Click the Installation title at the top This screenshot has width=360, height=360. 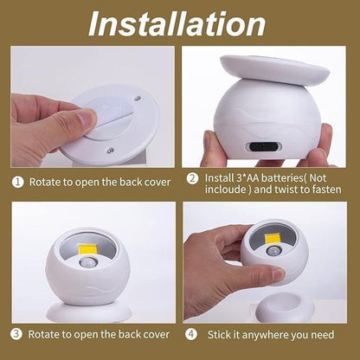[179, 23]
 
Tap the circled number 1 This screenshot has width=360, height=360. [16, 182]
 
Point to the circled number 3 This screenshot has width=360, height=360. [16, 332]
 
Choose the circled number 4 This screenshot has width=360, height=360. [191, 332]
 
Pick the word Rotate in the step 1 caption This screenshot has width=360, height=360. [45, 182]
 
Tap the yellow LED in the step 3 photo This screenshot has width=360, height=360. [88, 251]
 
